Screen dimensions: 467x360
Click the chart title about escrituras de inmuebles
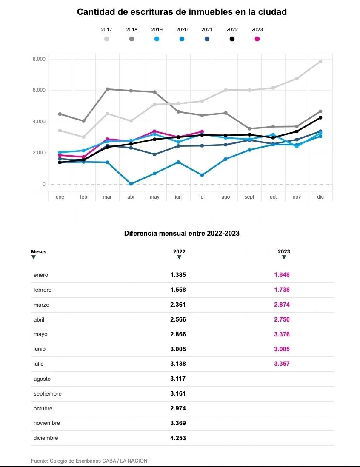[x=182, y=12]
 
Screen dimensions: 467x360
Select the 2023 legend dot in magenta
[x=257, y=39]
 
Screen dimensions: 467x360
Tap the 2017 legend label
[x=106, y=30]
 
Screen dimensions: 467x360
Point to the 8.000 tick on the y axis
[x=39, y=59]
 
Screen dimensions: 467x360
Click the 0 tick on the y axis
[x=43, y=184]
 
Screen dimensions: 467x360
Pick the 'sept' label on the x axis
[x=249, y=197]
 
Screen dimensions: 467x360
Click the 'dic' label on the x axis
[x=320, y=197]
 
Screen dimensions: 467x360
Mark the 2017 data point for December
[x=320, y=62]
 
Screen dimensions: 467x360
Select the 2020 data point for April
[x=131, y=184]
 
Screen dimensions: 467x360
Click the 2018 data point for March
[x=107, y=89]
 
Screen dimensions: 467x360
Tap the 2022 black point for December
[x=320, y=118]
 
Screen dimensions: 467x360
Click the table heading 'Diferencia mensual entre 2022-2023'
[x=182, y=233]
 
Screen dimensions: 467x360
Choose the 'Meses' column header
[x=39, y=252]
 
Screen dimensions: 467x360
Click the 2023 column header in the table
[x=284, y=252]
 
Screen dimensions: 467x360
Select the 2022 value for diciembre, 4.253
[x=178, y=438]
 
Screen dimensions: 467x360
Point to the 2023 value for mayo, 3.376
[x=282, y=334]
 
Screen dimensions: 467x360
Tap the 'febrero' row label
[x=43, y=290]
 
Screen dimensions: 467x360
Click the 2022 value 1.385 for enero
[x=178, y=275]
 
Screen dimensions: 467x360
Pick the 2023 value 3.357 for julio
[x=282, y=364]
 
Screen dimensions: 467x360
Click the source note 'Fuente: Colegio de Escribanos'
[x=89, y=461]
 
